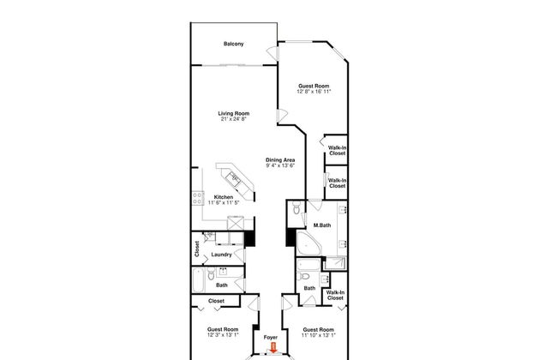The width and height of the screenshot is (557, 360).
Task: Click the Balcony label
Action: tap(231, 44)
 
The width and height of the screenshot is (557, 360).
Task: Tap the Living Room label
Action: tap(232, 112)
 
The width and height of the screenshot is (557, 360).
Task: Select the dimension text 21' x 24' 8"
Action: tap(232, 119)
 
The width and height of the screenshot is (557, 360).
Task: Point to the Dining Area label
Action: tap(279, 159)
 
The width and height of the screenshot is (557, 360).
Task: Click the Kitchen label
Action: tap(224, 196)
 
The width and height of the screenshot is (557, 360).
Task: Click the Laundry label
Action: tap(222, 254)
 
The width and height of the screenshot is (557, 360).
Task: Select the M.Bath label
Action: tap(322, 226)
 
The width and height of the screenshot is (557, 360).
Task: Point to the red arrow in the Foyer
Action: tap(273, 347)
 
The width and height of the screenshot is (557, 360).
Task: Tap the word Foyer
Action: tap(271, 338)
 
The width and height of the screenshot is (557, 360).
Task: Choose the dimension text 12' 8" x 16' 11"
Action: tap(314, 91)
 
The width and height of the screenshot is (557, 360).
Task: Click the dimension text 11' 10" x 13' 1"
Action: tap(317, 336)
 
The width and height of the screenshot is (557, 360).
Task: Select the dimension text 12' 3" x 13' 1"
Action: tap(221, 336)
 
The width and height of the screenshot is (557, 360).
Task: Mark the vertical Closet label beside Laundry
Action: tap(197, 249)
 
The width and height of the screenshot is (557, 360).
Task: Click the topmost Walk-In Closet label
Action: tap(338, 151)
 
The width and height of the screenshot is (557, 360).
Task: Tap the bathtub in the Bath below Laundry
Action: tap(201, 279)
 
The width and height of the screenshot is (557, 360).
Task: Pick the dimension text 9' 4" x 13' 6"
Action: tap(279, 166)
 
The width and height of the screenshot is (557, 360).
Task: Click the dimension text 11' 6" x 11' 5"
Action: tap(224, 202)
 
